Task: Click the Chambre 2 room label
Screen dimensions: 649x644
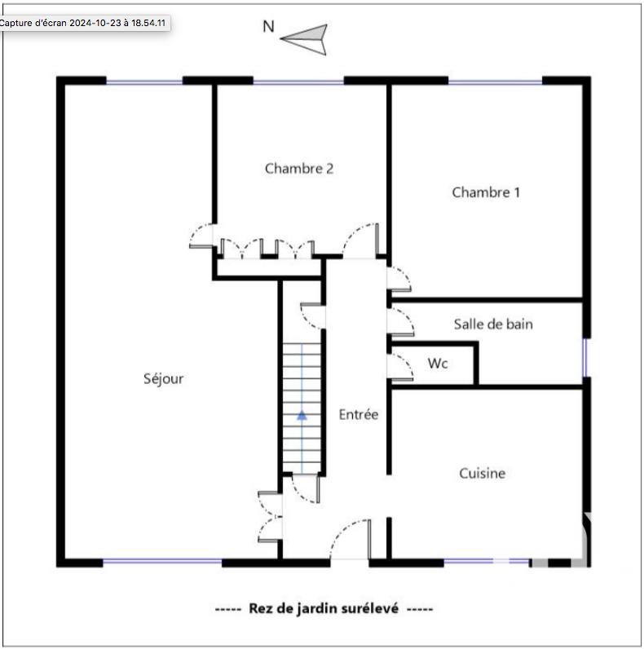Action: click(x=299, y=169)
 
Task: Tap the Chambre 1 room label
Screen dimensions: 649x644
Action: click(x=486, y=192)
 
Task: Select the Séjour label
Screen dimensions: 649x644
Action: click(x=163, y=378)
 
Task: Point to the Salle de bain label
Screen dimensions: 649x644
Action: click(x=493, y=324)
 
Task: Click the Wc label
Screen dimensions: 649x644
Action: click(x=438, y=364)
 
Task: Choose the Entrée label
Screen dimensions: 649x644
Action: click(x=359, y=414)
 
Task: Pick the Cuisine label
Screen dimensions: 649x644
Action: click(x=482, y=473)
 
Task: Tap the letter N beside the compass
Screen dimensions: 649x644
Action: click(x=267, y=26)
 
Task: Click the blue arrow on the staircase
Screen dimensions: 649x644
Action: click(x=302, y=414)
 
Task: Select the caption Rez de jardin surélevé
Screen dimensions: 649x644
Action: click(x=324, y=608)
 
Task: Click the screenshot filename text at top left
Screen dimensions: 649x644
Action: click(x=83, y=23)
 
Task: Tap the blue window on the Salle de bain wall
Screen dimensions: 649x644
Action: click(x=585, y=357)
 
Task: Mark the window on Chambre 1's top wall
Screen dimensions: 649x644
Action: click(x=495, y=82)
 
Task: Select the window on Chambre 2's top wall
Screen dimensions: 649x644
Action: click(x=298, y=82)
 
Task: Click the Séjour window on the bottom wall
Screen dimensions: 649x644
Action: click(x=162, y=561)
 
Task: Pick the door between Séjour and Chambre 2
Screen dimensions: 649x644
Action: click(x=201, y=236)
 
